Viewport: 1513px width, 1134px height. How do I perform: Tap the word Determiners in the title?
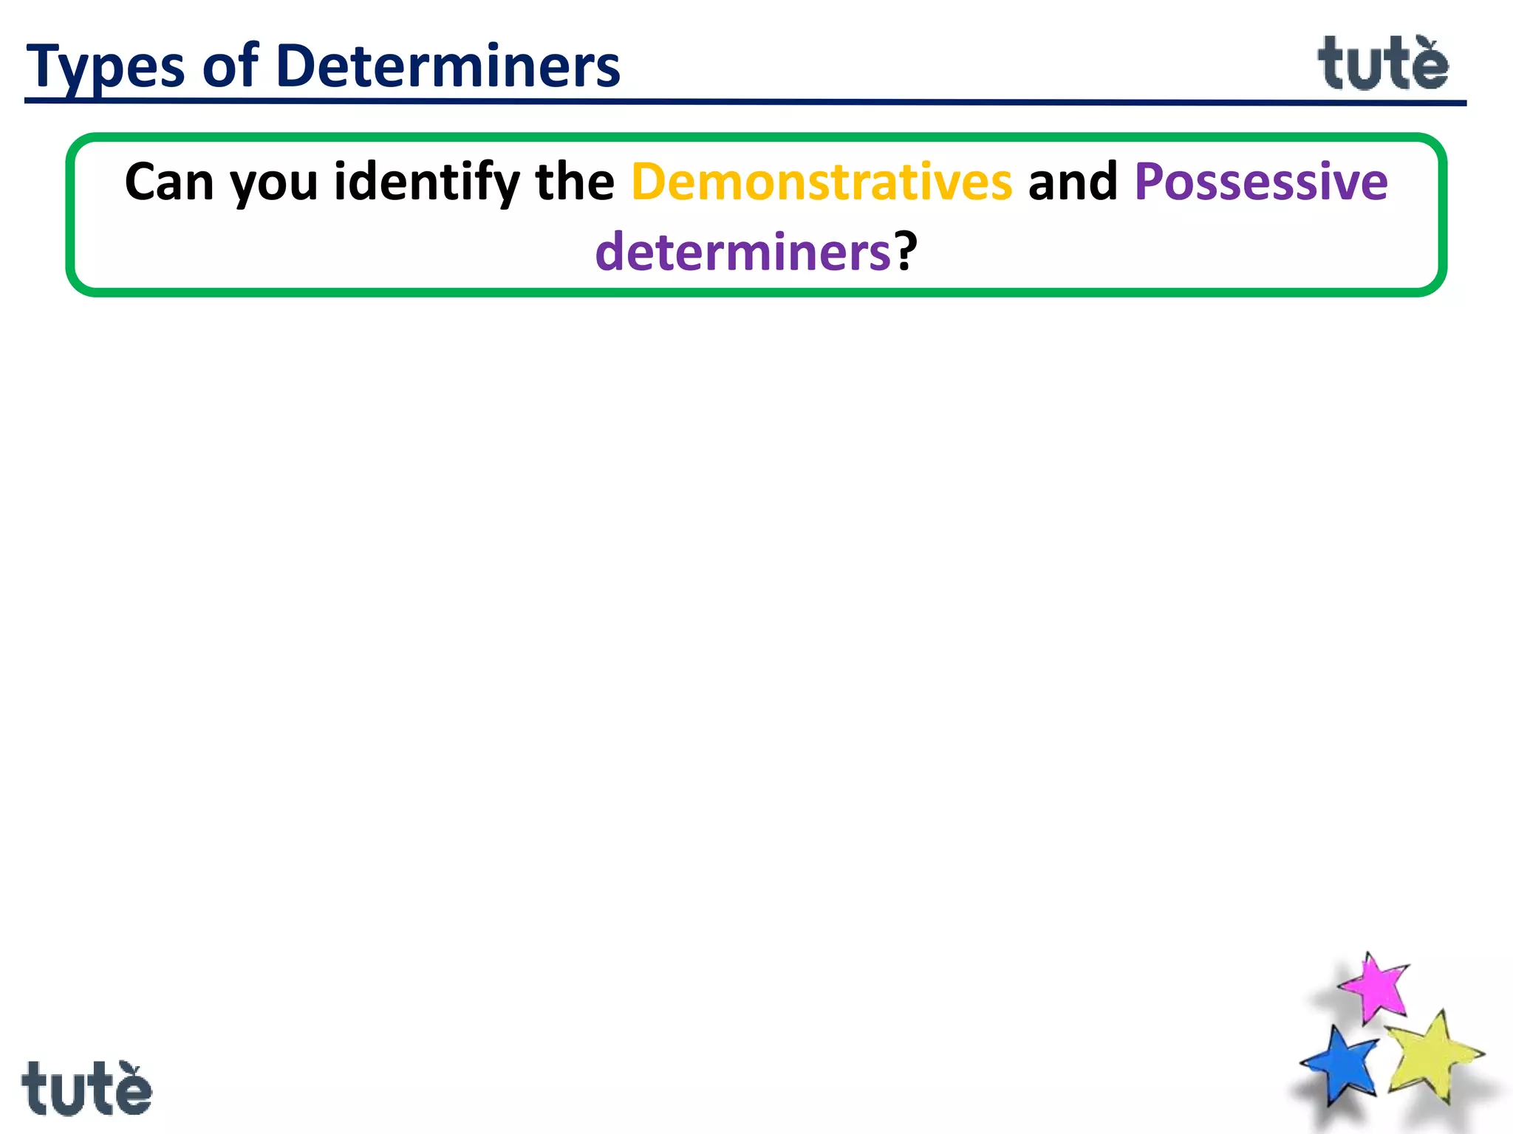point(448,66)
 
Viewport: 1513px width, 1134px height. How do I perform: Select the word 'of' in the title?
point(230,66)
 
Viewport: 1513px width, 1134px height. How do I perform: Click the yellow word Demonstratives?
point(821,182)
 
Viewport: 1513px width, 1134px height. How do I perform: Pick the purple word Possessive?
point(1260,182)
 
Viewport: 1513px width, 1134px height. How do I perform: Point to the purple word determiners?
point(743,252)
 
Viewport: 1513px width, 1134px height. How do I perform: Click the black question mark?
point(906,252)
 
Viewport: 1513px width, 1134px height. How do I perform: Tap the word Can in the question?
point(169,182)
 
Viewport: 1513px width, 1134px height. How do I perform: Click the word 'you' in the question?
point(273,185)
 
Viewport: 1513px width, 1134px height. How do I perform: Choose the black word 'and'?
point(1073,182)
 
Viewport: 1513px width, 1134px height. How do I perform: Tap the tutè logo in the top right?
point(1382,64)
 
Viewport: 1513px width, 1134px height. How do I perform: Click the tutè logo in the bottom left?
point(86,1088)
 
